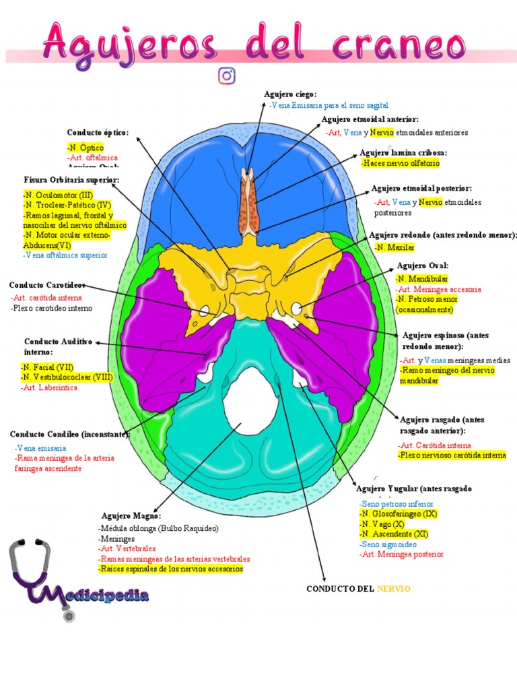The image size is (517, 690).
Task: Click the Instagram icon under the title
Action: coord(227,75)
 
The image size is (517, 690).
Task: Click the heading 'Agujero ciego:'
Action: coord(289,94)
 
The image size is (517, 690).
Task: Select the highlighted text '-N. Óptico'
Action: coord(85,147)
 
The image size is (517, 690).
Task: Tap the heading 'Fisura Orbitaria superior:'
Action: coord(71,180)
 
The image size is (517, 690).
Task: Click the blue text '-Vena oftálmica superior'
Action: coord(65,255)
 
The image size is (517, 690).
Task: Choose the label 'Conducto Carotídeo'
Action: coord(46,284)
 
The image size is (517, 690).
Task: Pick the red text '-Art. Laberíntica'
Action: coord(49,387)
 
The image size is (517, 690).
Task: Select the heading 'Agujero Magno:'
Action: coord(131,515)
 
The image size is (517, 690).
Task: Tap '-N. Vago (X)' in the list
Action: coord(382,524)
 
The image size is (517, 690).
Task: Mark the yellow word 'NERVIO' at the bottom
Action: coord(393,589)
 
